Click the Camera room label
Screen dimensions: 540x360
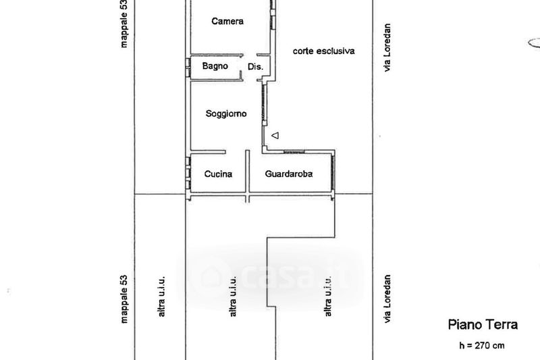click(x=227, y=22)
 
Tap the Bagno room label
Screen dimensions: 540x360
click(x=215, y=66)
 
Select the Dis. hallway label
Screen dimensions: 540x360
click(x=255, y=66)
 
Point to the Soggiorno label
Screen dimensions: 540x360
click(x=226, y=113)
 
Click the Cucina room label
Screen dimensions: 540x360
click(x=218, y=174)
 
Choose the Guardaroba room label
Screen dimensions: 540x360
click(x=289, y=174)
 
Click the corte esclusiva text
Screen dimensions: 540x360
click(x=324, y=51)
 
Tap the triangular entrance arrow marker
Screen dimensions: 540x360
click(x=275, y=136)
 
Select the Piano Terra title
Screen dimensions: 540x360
click(x=483, y=324)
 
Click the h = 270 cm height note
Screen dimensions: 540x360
click(x=482, y=346)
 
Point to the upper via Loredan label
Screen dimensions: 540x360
click(x=387, y=47)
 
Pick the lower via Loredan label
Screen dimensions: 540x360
click(x=387, y=299)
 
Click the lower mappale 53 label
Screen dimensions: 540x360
click(x=124, y=299)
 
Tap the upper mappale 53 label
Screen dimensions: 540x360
click(x=124, y=24)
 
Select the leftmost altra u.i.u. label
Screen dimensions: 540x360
click(x=161, y=297)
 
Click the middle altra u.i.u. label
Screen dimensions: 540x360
click(x=233, y=297)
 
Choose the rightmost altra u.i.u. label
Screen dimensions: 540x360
click(x=328, y=297)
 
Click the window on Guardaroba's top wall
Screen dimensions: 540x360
click(x=294, y=151)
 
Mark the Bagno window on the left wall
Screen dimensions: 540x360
click(x=188, y=67)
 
